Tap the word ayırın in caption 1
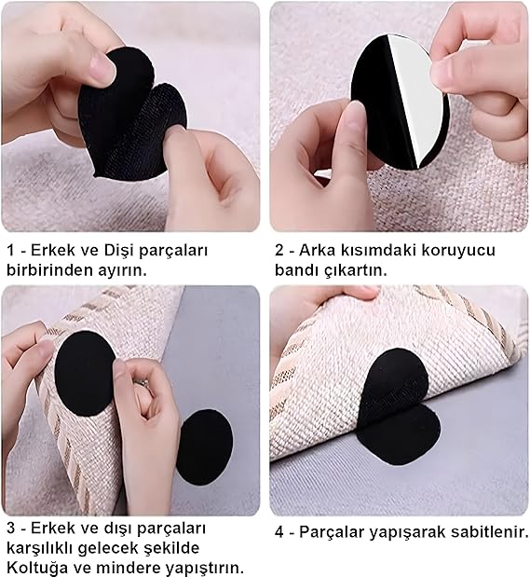click(x=122, y=271)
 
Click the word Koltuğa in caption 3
click(x=33, y=568)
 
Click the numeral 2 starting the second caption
click(x=279, y=251)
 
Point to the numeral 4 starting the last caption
click(x=279, y=532)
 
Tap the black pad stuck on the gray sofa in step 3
click(x=205, y=446)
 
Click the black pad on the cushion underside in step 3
click(x=84, y=373)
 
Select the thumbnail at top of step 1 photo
click(x=101, y=65)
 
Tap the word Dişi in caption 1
click(x=116, y=251)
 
